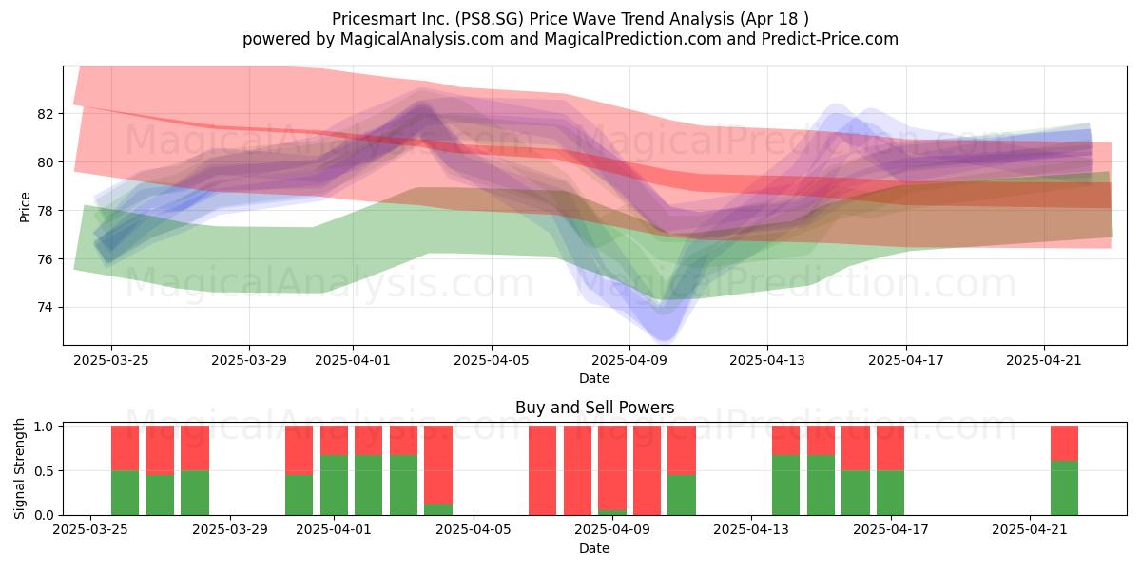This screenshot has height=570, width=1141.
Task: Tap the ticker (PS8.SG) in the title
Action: coord(488,19)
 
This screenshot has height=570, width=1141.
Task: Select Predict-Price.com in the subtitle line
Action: coord(830,39)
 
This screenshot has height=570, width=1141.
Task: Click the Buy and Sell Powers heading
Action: coord(594,408)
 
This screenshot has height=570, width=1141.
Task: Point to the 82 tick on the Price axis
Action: coord(45,114)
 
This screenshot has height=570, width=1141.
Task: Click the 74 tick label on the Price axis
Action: coord(45,308)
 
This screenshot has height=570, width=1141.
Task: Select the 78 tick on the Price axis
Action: coord(45,211)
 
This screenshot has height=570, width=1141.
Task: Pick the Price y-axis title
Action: coord(25,207)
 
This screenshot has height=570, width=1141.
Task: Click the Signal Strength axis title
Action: coord(19,468)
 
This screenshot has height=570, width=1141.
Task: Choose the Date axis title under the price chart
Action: coord(594,378)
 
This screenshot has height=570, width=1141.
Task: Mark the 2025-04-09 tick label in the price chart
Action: coord(629,360)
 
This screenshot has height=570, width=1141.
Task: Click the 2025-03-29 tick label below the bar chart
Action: coord(230,530)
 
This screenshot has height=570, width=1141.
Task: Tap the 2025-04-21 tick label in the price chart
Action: coord(1044,360)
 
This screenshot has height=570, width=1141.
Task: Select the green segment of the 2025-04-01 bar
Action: coord(334,485)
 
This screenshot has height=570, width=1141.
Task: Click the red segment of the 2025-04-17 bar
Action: coord(890,447)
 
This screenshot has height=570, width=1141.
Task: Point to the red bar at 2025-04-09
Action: coord(612,467)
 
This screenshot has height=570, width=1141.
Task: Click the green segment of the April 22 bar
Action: coord(1065,488)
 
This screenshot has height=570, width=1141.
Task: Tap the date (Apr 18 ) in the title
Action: coord(774,19)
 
